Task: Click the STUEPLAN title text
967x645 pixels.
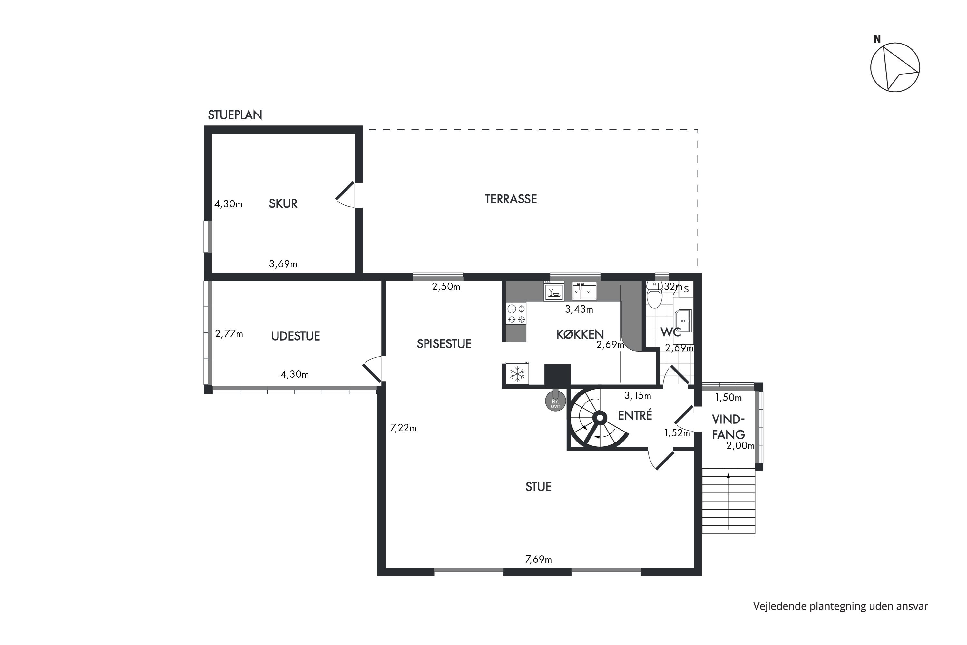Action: coord(235,115)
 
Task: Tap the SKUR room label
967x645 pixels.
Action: coord(283,203)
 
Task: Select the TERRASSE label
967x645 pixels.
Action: coord(511,199)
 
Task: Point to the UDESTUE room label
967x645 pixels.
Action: coord(295,336)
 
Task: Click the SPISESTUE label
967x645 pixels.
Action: coord(444,344)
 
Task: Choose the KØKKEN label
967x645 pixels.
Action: coord(580,334)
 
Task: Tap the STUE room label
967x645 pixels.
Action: coord(538,487)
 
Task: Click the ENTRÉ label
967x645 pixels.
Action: coord(635,415)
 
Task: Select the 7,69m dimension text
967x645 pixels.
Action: coord(538,560)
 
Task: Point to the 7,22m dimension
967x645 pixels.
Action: coord(403,428)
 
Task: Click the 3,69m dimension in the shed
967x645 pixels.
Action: coord(283,264)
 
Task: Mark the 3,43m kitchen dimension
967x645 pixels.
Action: coord(579,309)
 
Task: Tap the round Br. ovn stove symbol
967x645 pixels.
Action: coord(555,402)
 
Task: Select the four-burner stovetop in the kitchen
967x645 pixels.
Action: coord(516,313)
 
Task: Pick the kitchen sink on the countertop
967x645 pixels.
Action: coord(584,291)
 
